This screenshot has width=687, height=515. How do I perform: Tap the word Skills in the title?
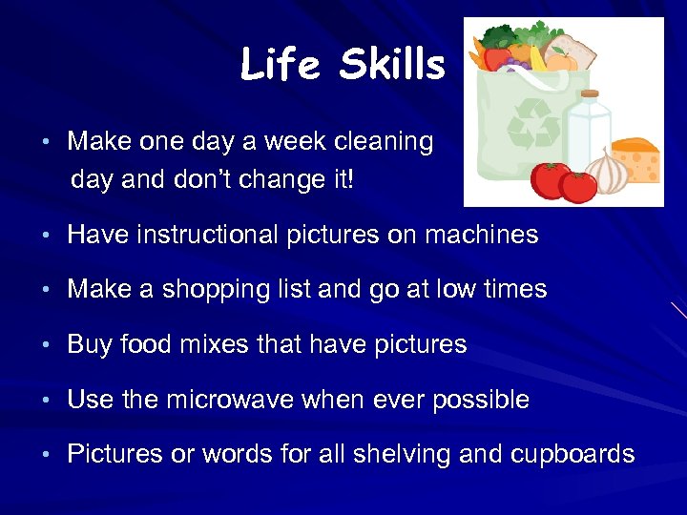[392, 65]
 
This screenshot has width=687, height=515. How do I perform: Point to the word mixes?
[215, 345]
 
